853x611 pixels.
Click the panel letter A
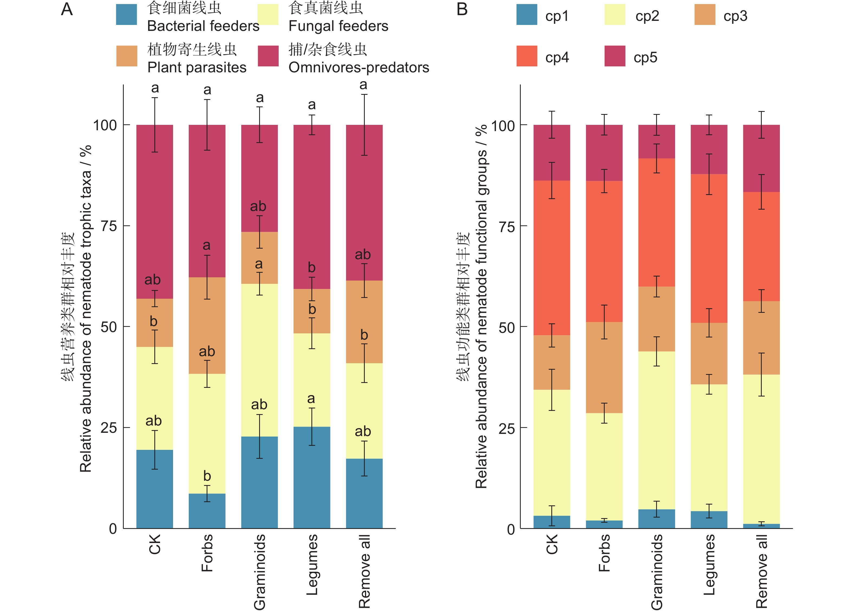click(x=67, y=9)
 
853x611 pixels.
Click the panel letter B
click(x=462, y=9)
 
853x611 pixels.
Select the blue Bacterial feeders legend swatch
click(x=126, y=15)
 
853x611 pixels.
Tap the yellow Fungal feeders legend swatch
click(x=268, y=15)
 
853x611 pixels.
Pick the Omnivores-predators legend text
click(x=359, y=68)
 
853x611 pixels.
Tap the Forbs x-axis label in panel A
click(x=207, y=553)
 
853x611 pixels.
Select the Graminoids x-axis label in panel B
click(x=657, y=572)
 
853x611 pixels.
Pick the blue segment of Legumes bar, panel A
click(x=312, y=478)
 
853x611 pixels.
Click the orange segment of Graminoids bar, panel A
click(x=259, y=258)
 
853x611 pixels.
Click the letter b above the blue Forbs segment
click(x=207, y=476)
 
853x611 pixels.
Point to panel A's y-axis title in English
click(x=86, y=308)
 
